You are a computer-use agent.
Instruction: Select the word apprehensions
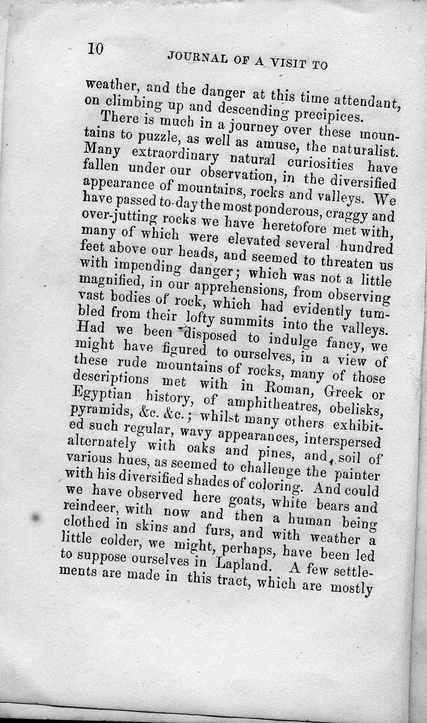pos(240,290)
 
